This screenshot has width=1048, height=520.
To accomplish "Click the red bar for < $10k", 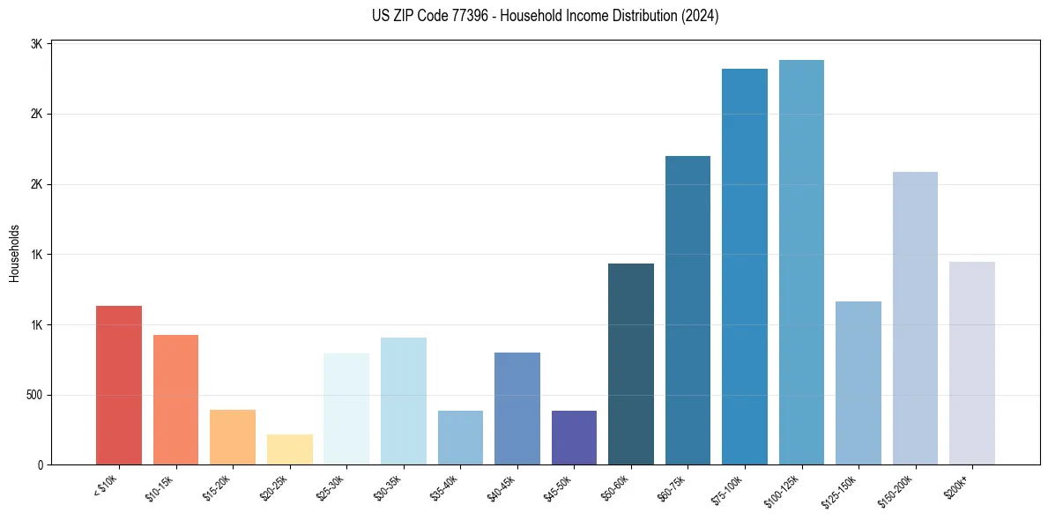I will (x=118, y=385).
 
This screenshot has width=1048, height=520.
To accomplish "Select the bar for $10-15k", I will (x=175, y=399).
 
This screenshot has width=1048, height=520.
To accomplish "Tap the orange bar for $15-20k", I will (x=233, y=437).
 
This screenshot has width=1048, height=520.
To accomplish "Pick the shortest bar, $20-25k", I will (x=289, y=449).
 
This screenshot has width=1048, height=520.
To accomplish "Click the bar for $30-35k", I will (x=404, y=401).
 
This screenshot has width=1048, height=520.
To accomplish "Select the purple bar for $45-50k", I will (x=574, y=438).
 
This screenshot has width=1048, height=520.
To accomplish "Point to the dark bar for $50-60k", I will (x=631, y=364).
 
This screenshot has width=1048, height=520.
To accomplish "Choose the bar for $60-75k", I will (x=688, y=310).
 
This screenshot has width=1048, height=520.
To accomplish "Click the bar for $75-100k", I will (x=745, y=266).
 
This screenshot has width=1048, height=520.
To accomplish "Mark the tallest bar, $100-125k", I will (x=801, y=262).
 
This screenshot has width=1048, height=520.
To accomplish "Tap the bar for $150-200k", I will (x=915, y=318).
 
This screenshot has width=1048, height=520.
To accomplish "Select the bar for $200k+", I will (x=972, y=363).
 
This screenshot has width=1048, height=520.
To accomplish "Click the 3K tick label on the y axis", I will (x=36, y=44).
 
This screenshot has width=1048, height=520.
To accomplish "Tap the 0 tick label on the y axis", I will (x=41, y=464).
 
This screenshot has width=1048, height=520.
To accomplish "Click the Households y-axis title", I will (x=14, y=253).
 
